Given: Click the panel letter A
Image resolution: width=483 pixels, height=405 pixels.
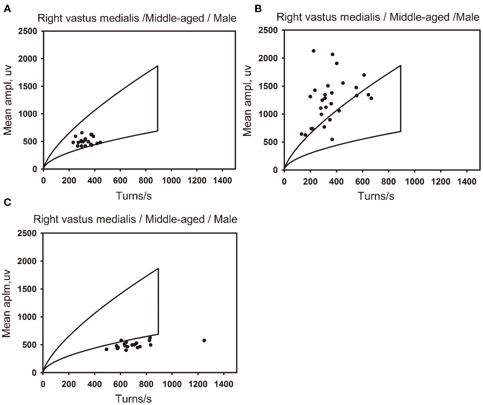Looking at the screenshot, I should pos(7,9).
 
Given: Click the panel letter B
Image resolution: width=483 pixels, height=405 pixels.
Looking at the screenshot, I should pos(258,9).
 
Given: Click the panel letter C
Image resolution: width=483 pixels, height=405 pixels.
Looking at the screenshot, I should pos(7,202).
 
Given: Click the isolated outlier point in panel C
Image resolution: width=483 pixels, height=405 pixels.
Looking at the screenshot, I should pos(204,341).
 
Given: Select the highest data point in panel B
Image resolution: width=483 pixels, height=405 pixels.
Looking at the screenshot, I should pos(313,51).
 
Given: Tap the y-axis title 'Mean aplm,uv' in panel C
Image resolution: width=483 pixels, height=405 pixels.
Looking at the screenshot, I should pos(7,303).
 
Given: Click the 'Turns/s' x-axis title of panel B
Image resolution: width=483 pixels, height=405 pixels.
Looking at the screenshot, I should pos(376,196).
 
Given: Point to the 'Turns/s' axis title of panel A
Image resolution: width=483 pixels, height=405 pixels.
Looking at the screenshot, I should pos(134,196).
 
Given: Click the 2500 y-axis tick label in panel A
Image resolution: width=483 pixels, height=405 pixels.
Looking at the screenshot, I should pos(27,31).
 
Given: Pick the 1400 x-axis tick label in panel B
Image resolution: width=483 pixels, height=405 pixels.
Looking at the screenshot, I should pos(466,181).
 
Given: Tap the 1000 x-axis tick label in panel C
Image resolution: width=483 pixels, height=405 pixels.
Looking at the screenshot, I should pos(172,384).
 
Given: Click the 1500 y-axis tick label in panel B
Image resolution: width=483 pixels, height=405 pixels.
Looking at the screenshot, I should pos(268,86).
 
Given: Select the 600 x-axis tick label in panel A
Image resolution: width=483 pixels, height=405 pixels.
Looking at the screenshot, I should pos(120,180).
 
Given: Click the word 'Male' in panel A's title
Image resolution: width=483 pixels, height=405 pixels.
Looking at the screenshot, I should pos(225,18).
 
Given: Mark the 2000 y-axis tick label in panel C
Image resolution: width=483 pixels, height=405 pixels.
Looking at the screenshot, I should pos(27,261).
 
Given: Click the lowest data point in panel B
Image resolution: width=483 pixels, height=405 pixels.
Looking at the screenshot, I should pos(332,139).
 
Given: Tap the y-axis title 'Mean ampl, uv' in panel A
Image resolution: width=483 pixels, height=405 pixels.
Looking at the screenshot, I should pos(8,100).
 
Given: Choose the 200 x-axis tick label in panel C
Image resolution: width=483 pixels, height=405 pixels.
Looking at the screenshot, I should pos(69,384).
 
